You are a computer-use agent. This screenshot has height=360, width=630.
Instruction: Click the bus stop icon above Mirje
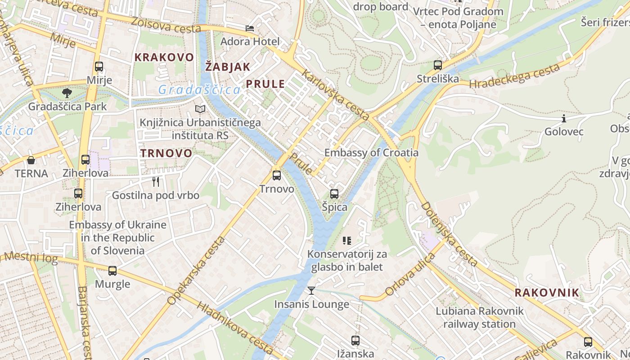[99, 67]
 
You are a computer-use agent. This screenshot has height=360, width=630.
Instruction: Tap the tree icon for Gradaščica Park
[67, 93]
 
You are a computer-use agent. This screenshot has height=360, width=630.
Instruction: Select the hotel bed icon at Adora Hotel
[250, 28]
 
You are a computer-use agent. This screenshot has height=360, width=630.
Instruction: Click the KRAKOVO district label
[164, 57]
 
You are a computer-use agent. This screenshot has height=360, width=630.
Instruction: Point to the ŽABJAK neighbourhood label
[228, 67]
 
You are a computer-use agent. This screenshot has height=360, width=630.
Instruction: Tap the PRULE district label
[265, 84]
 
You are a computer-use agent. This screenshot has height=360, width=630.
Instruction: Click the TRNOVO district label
[166, 153]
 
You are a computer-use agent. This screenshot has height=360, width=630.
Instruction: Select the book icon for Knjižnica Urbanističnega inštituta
[200, 109]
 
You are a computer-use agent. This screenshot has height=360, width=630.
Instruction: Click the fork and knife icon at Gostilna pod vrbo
[156, 182]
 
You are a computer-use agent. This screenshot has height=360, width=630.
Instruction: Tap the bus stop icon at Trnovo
[277, 175]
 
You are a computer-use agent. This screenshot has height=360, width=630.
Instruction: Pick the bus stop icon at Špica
[334, 194]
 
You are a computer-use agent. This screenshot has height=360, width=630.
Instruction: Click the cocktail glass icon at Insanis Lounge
[311, 291]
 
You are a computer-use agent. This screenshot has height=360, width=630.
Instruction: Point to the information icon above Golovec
[564, 118]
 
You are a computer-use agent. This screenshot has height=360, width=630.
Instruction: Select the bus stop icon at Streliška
[438, 65]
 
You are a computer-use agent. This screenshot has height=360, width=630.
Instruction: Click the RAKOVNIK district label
[547, 292]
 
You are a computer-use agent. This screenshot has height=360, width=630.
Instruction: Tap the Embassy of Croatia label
[371, 153]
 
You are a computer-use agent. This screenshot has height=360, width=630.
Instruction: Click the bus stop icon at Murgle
[112, 271]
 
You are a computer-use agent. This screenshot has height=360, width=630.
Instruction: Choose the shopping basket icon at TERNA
[31, 160]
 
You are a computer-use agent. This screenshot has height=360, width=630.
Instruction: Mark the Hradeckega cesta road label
[514, 76]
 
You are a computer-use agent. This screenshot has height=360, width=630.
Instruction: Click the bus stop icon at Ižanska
[355, 340]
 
